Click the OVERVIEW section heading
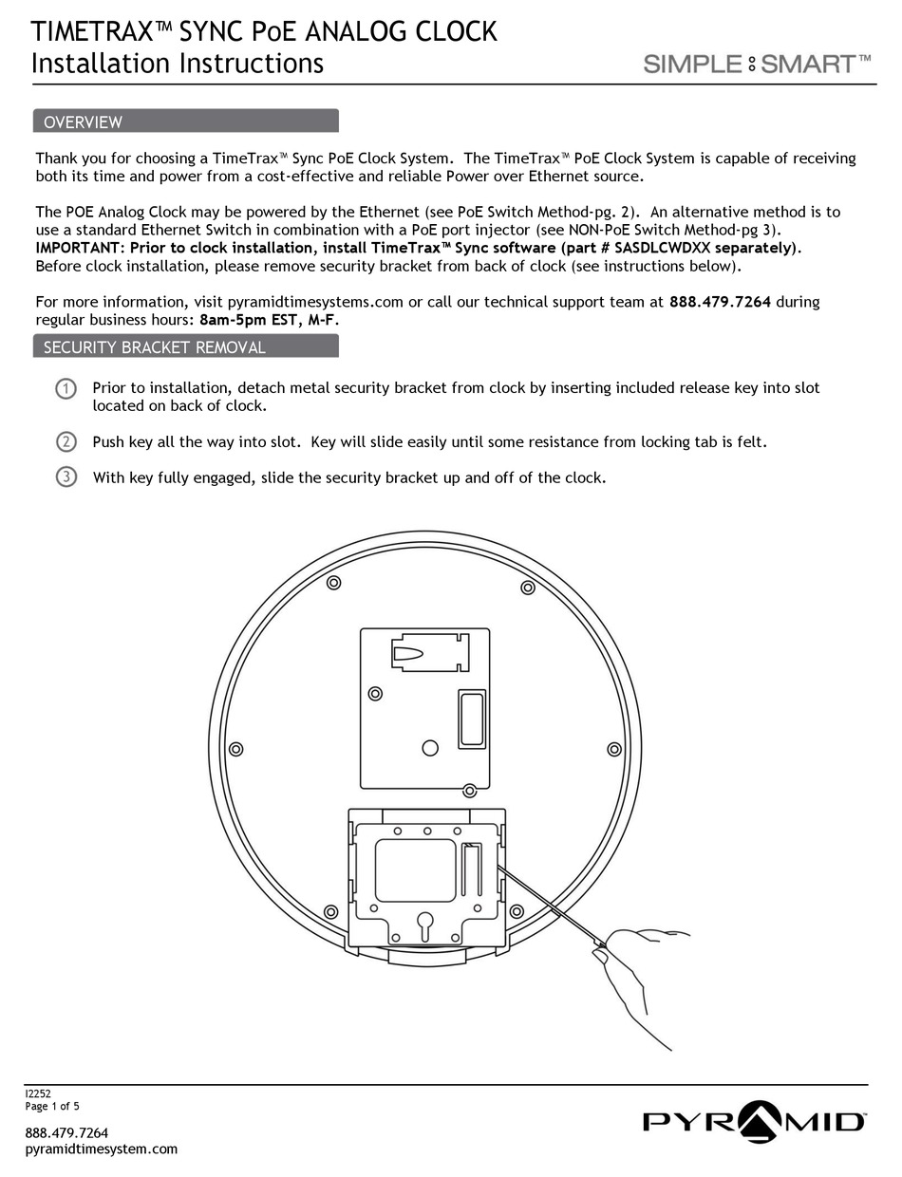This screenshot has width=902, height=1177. click(84, 121)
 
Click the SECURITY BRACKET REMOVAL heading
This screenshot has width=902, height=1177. click(154, 347)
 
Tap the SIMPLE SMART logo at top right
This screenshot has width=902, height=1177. click(757, 64)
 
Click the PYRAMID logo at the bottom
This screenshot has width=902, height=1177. click(754, 1121)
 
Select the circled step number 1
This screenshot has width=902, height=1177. click(66, 388)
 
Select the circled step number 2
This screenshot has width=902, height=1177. click(66, 441)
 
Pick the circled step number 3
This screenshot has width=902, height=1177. click(66, 476)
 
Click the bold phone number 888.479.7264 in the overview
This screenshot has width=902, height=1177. click(720, 302)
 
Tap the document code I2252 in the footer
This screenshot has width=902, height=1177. click(38, 1093)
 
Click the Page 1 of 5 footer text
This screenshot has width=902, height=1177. click(52, 1106)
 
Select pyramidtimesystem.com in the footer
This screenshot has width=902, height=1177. click(101, 1149)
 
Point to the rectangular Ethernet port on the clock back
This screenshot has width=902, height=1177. click(472, 719)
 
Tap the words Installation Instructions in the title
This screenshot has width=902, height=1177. click(178, 64)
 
